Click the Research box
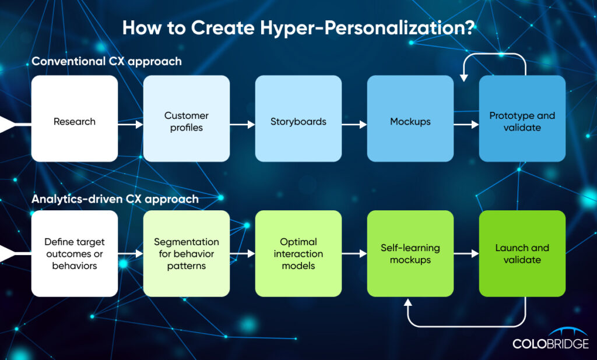tap(75, 118)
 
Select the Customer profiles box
tap(187, 118)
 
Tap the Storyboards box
tap(298, 118)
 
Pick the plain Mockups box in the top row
tap(410, 118)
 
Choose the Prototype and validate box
tap(522, 118)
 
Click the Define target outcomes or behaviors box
tap(75, 253)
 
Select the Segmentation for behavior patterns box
tap(187, 253)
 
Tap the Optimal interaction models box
tap(298, 253)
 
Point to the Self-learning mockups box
tap(410, 253)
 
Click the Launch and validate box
tap(522, 253)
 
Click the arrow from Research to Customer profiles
tap(131, 124)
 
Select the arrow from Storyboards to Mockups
tap(354, 124)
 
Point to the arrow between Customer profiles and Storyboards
tap(243, 124)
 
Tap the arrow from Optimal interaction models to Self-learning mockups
tap(354, 253)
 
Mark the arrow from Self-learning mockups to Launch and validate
tap(466, 253)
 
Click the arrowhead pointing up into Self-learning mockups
tap(408, 302)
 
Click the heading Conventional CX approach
tap(107, 61)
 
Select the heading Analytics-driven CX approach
tap(115, 199)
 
